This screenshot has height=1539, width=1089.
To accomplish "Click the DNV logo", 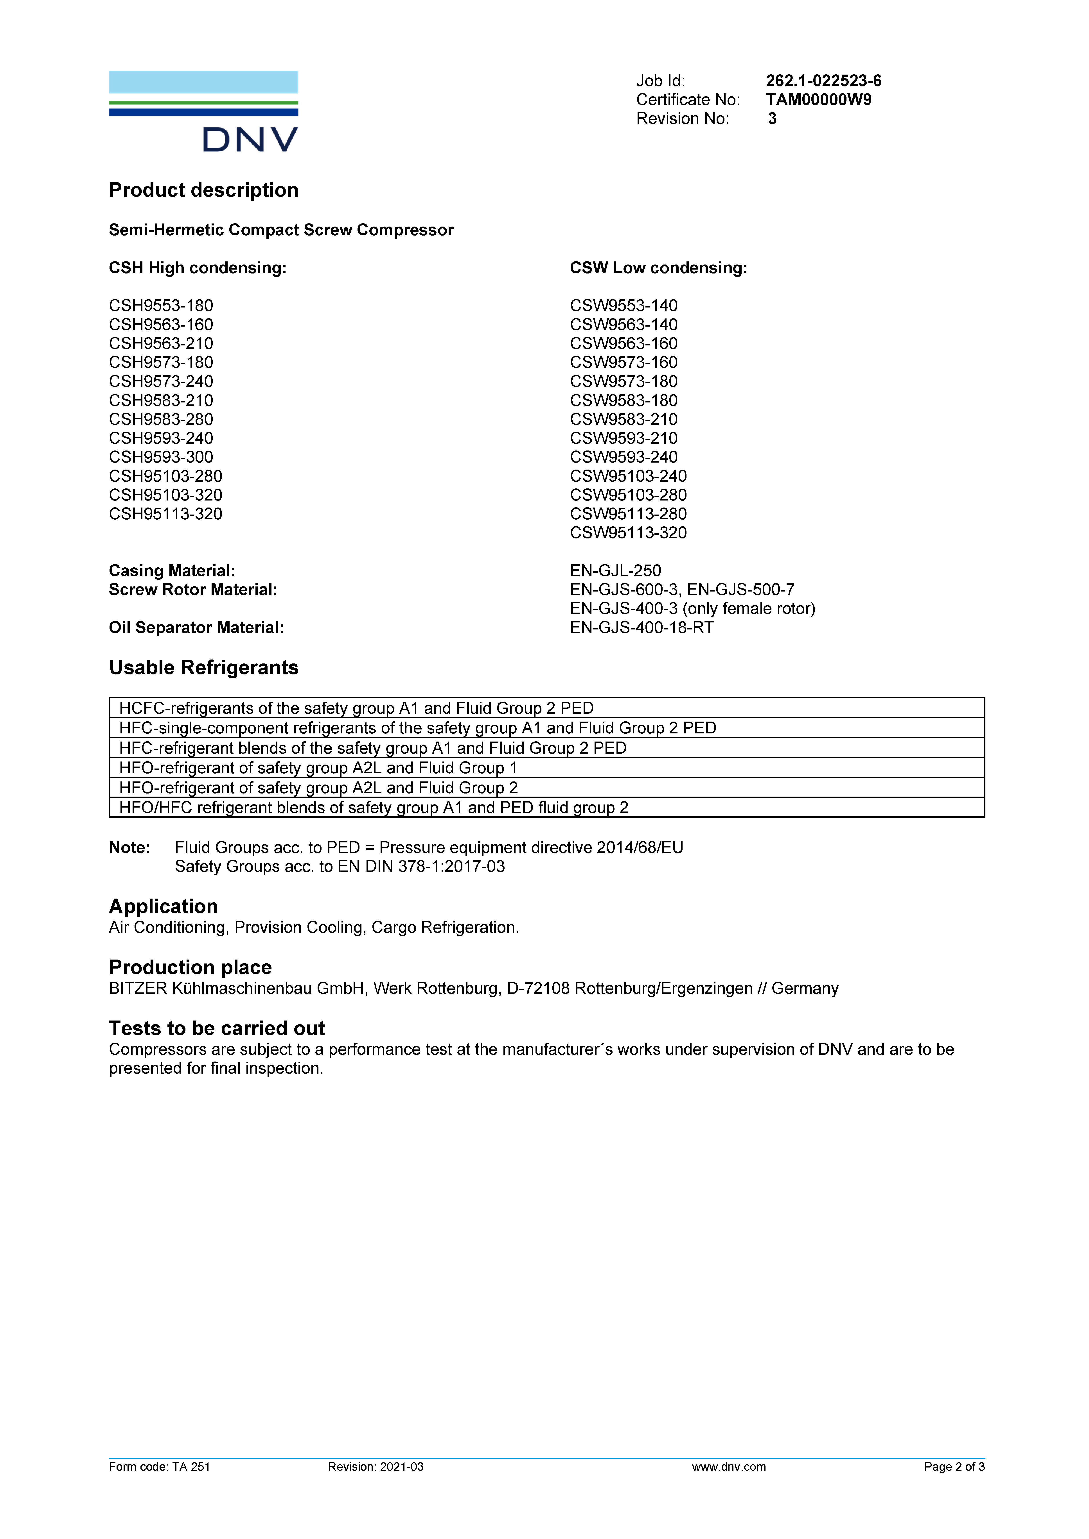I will [203, 111].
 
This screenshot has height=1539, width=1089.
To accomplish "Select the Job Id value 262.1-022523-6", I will [823, 81].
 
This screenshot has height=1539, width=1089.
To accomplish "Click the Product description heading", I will [203, 190].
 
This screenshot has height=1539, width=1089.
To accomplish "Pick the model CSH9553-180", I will [161, 306].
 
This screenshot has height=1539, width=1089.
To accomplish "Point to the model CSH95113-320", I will [166, 514].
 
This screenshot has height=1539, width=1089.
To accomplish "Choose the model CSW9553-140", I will [624, 306].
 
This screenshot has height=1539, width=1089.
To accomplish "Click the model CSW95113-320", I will [628, 533].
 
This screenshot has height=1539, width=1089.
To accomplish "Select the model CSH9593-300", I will [161, 457].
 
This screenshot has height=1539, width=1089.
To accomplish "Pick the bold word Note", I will [129, 848].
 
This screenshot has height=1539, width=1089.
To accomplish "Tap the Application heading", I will [163, 906].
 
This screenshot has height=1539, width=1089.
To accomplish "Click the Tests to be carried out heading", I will [217, 1028].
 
